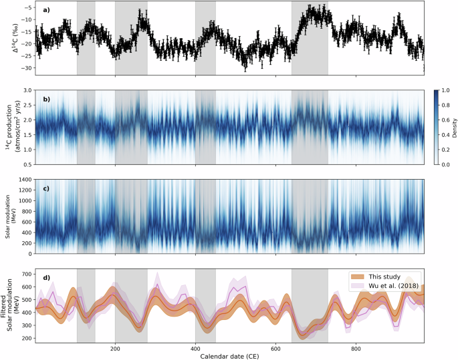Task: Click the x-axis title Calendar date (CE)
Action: (x=229, y=354)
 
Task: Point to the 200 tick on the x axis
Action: (x=115, y=347)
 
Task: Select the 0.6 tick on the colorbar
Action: (x=442, y=119)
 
